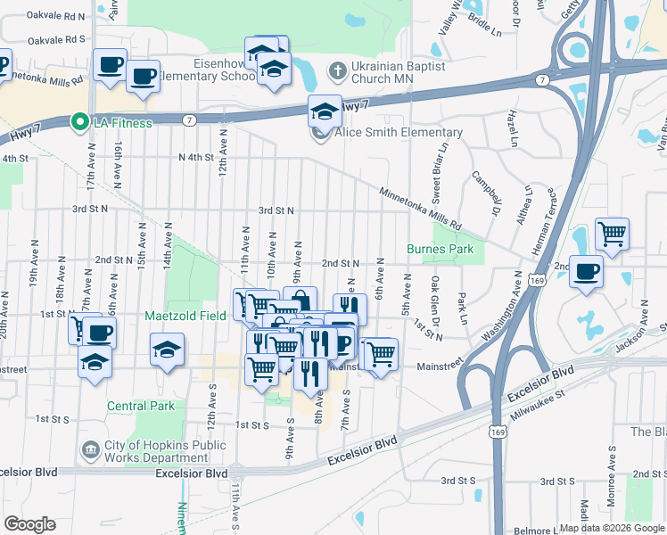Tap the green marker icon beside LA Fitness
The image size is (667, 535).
tap(79, 122)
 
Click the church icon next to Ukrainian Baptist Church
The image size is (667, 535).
tap(337, 70)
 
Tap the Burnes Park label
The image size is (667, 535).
tap(441, 249)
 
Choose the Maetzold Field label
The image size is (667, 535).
tap(185, 316)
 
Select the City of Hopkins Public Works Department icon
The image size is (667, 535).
tap(90, 448)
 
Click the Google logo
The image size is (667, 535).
tap(29, 524)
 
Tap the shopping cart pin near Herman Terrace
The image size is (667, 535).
tap(612, 235)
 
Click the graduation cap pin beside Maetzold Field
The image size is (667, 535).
tap(167, 350)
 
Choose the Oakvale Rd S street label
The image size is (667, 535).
tap(55, 39)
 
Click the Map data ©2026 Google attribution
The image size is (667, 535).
tap(612, 528)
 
